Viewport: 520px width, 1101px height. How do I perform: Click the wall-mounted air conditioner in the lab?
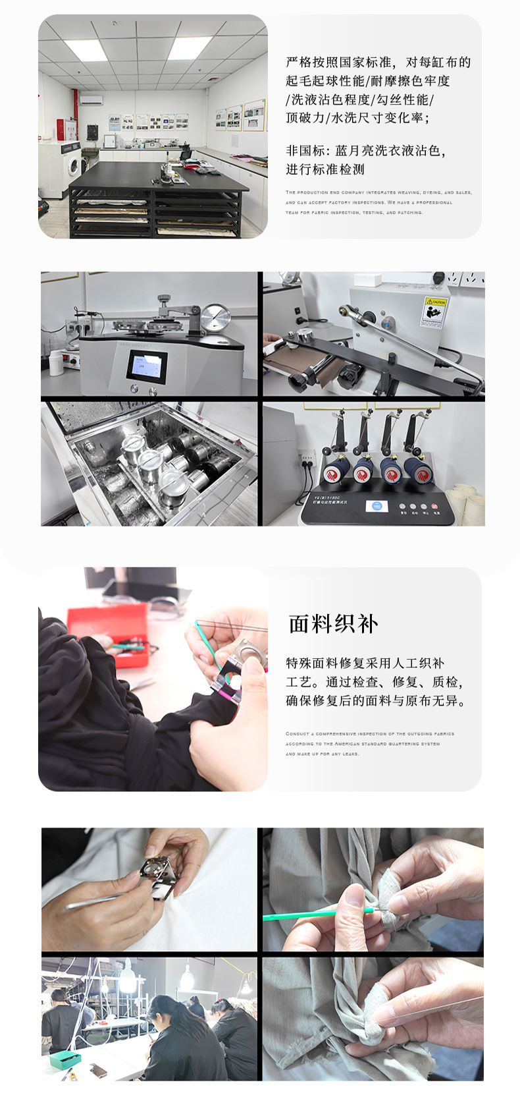point(91,100)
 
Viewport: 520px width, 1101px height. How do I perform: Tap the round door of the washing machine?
point(73,161)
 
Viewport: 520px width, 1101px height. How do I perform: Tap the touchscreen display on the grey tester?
point(146,366)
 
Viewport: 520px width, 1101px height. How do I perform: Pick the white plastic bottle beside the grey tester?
point(56,362)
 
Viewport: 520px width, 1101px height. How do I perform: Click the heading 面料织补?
point(333,624)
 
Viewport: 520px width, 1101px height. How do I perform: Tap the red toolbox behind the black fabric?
point(107,625)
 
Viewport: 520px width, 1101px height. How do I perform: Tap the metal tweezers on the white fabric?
point(92,902)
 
